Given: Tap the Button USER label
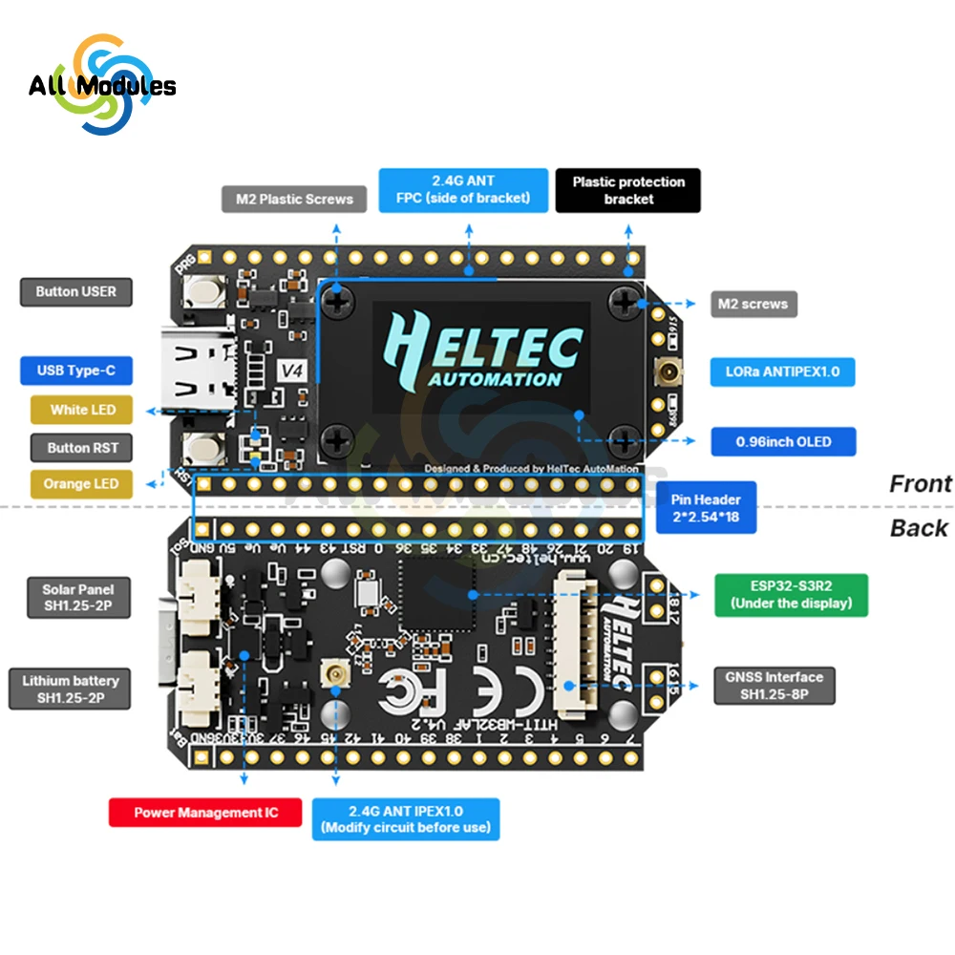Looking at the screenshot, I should coord(75,291).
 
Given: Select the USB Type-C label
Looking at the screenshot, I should coord(75,371).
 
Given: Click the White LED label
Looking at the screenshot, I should coord(82,410).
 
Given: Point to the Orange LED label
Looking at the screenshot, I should coord(80,484).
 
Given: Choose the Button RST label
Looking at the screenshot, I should coord(82,447).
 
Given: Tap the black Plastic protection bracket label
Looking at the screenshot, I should coord(628,190).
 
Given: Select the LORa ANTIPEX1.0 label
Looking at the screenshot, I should coord(782,371).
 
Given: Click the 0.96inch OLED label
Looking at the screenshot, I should coord(783,442).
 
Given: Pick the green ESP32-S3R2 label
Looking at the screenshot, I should coord(791,593).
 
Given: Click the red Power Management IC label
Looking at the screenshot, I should coord(205,813).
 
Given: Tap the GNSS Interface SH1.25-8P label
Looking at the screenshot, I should coord(775,686).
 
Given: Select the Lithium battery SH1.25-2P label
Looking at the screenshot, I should coord(70,690).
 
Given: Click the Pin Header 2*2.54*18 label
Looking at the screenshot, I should coord(706,508).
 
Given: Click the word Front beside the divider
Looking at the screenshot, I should coord(920,484).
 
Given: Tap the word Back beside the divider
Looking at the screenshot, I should coord(919,528).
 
